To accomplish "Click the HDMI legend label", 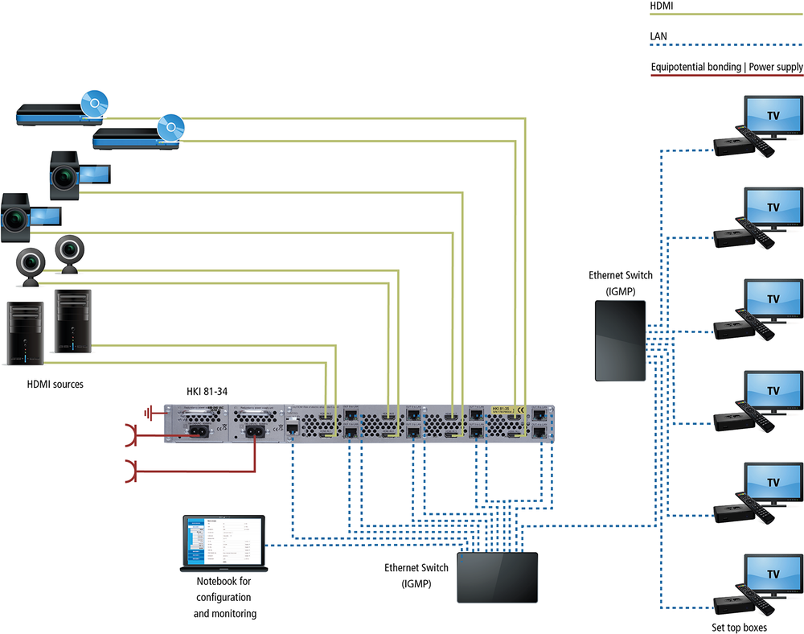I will point(661,6).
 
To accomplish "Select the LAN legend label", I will point(658,36).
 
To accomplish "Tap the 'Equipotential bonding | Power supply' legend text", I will point(726,67).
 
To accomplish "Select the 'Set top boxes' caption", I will point(739,627).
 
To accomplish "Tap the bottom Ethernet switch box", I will point(498,576).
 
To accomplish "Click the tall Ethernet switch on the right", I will point(619,340).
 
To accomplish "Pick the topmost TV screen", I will point(773,116).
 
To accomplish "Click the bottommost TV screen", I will point(773,574).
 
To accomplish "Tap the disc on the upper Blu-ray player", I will point(94,105).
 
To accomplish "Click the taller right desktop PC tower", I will point(73,321).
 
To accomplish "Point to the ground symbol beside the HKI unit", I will point(150,414).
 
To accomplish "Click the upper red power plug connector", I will point(130,435).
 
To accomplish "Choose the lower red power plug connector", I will point(130,471).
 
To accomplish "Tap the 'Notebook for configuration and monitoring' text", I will point(224,598).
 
